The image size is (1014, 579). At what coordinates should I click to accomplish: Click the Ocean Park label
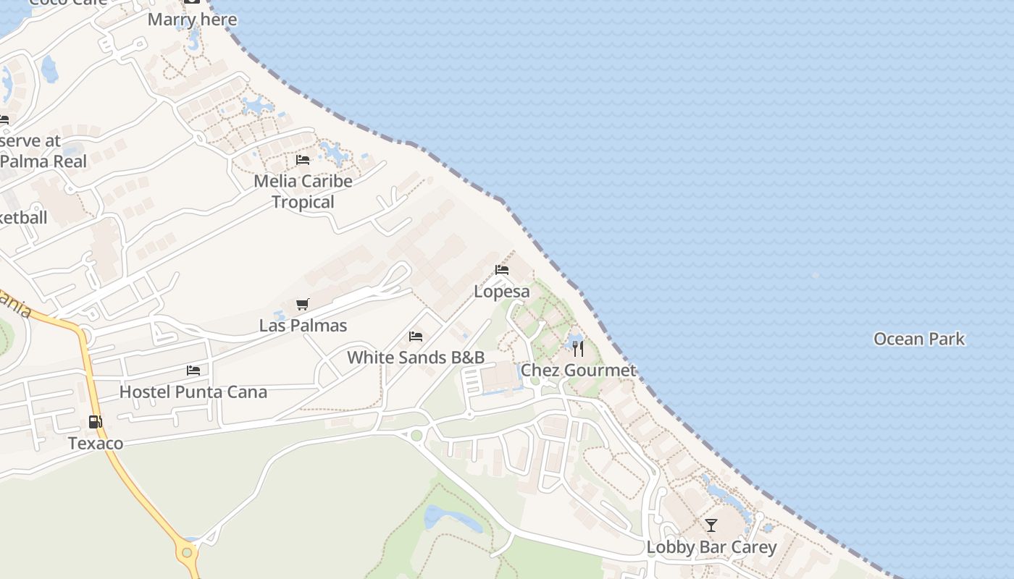919,339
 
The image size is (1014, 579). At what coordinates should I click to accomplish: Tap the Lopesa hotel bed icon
502,270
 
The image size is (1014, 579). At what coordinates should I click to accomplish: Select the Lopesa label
502,292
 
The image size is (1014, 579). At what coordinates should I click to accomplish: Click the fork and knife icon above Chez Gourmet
578,349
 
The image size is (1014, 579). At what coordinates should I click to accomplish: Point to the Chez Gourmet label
579,371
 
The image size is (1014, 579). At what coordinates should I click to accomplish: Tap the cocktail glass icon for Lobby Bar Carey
711,525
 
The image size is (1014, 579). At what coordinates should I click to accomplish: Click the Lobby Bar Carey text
711,547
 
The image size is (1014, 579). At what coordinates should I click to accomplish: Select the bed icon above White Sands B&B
416,337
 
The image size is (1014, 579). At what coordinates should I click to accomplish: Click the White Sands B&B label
416,358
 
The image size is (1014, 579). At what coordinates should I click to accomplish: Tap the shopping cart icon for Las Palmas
303,305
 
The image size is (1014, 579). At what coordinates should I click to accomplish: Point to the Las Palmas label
303,326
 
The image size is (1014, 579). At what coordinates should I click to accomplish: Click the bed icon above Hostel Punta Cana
193,371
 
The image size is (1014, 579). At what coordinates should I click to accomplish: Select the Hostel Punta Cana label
193,392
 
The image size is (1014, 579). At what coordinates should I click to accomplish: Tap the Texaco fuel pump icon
95,422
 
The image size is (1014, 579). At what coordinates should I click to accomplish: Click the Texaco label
96,443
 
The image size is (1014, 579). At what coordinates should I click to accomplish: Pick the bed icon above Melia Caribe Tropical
303,160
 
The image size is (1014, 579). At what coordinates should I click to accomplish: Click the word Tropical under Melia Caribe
303,202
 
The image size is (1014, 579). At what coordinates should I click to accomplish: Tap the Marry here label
192,20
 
